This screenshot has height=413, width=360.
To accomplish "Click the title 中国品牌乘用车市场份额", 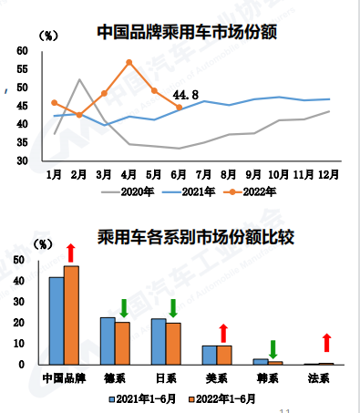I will (x=186, y=33).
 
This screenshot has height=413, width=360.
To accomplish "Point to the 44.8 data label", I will (x=185, y=94).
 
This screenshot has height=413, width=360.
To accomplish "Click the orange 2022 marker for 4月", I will (x=129, y=63).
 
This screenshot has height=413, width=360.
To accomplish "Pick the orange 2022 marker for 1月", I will (x=55, y=103).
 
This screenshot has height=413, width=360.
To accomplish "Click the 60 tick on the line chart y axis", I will (x=23, y=51).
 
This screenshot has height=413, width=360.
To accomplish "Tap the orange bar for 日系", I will (x=173, y=343).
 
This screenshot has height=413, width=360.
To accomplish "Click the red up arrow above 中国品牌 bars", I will (x=71, y=252).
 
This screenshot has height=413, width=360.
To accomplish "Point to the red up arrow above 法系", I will (x=326, y=344).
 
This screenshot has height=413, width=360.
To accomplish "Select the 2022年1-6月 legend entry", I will (x=219, y=398).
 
